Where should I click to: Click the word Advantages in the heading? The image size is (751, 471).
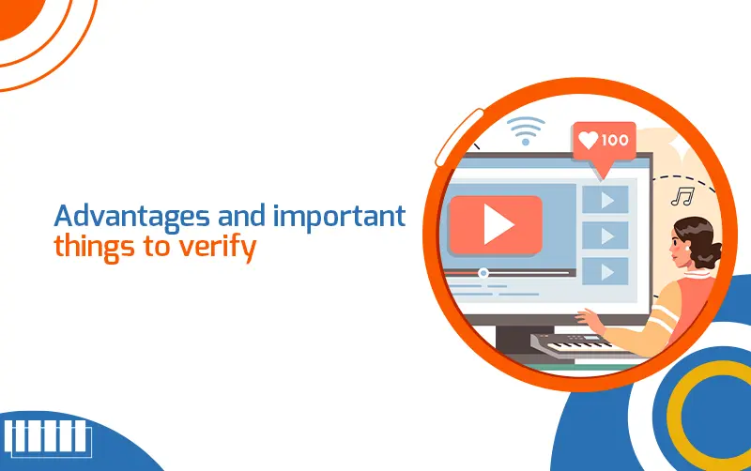click(x=131, y=217)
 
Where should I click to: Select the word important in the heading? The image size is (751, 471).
click(x=340, y=217)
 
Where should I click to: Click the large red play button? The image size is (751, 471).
click(x=496, y=224)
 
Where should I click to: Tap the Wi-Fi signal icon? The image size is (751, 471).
click(x=526, y=130)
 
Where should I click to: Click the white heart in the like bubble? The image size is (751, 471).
click(x=589, y=140)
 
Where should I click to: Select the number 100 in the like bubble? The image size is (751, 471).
click(x=615, y=140)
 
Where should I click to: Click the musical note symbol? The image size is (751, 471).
click(x=682, y=196)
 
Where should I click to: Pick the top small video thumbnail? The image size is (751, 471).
click(x=605, y=200)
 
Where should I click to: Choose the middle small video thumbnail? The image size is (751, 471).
click(x=605, y=235)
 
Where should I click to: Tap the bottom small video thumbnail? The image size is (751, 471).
click(x=605, y=271)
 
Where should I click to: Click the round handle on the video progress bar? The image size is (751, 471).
click(x=483, y=273)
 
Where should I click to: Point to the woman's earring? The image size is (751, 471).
click(x=688, y=249)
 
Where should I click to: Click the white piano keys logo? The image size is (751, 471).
click(x=47, y=437)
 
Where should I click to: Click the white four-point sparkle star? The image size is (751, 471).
click(x=680, y=147)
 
